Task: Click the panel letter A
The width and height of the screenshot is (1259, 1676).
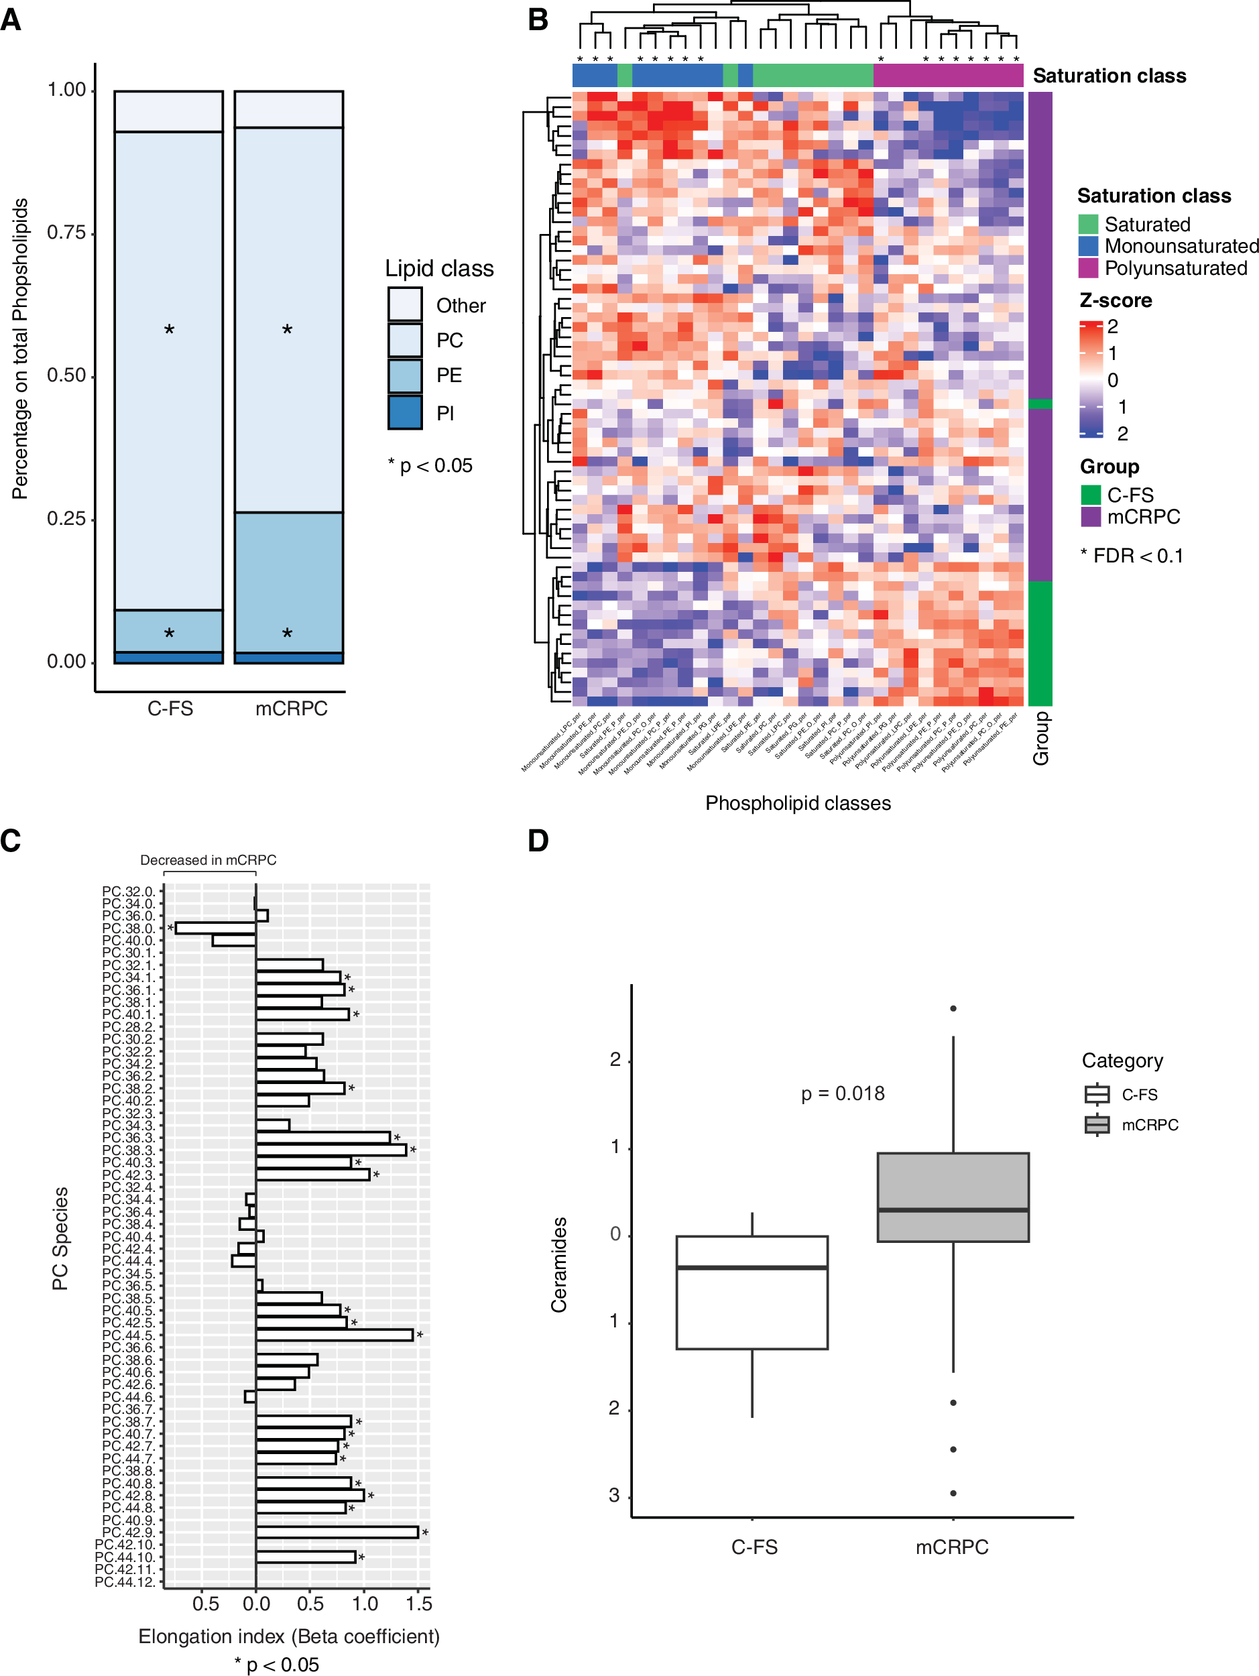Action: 11,19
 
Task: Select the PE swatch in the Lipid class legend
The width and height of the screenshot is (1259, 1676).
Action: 404,376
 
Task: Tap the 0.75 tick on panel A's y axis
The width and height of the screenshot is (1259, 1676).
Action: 66,233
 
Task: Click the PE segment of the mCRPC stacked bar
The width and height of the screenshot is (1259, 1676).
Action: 289,582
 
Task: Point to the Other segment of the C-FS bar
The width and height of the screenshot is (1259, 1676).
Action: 169,111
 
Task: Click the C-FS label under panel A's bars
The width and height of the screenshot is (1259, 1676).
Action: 170,709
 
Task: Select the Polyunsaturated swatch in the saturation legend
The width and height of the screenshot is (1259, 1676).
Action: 1089,268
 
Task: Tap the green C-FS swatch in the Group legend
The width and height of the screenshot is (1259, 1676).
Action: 1090,495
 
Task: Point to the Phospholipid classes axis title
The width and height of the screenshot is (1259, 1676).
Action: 798,803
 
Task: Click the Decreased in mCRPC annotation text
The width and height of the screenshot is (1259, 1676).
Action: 208,860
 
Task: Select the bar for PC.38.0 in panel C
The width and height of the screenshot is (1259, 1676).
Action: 216,928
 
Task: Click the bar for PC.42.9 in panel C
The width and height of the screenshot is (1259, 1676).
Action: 337,1532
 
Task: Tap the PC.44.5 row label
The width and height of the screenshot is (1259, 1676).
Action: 128,1335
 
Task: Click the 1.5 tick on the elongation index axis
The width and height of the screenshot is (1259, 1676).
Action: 418,1604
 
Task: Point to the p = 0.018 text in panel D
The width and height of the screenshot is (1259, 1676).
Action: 843,1093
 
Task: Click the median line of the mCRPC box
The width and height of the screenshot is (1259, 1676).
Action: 953,1210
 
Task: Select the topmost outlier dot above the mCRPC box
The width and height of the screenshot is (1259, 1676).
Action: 953,1008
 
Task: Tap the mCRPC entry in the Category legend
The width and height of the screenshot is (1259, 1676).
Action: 1149,1125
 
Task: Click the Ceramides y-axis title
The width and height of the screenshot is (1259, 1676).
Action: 559,1264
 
